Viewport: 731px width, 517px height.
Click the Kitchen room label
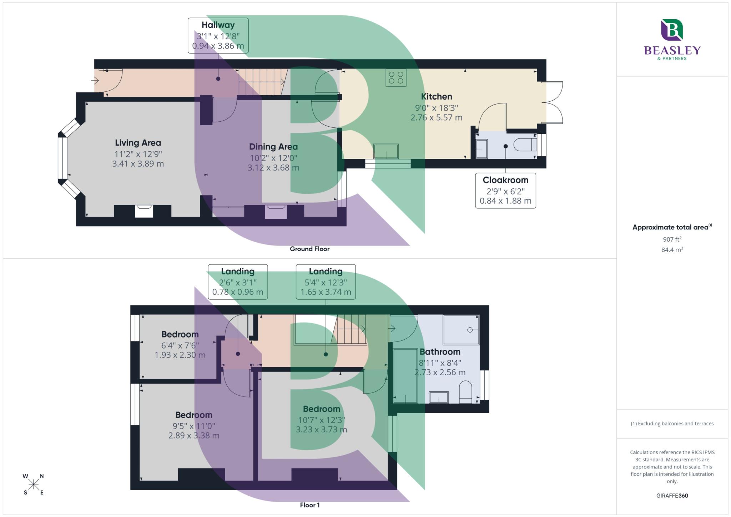(x=436, y=97)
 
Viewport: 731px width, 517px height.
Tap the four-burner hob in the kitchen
(x=396, y=77)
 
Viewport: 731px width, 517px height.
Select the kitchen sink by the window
(x=386, y=151)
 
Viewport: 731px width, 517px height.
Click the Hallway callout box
(x=218, y=35)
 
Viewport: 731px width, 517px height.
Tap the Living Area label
(x=138, y=143)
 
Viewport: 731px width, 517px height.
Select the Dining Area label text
(x=273, y=147)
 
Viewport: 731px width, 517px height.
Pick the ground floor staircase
(x=263, y=82)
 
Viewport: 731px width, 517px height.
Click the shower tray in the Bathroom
(x=461, y=330)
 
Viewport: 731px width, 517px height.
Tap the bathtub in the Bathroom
(x=405, y=375)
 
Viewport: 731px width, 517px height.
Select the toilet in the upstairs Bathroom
(x=465, y=392)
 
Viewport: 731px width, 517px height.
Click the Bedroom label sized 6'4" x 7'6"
(x=180, y=335)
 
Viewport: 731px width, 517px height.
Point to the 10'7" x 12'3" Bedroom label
(x=321, y=409)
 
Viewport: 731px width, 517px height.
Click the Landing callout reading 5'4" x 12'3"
(x=326, y=282)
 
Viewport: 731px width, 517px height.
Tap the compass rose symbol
(x=34, y=484)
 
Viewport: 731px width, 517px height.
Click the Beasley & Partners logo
(x=672, y=40)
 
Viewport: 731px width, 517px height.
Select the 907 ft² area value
(x=672, y=239)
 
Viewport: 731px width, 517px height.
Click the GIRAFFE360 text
(x=672, y=496)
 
